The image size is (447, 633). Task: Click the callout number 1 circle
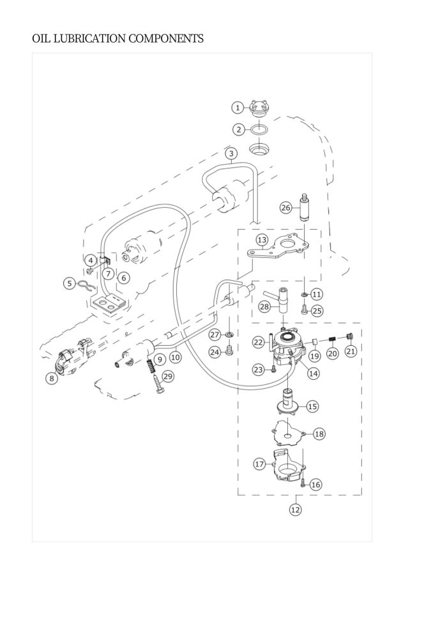tap(238, 108)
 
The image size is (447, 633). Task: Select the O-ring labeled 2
tap(259, 130)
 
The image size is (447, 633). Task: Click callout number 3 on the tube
tap(231, 153)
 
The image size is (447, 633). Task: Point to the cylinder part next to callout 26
tap(304, 208)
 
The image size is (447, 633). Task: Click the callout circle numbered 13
tap(262, 240)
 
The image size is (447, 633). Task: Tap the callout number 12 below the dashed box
tap(296, 510)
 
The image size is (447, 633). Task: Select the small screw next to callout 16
tap(304, 481)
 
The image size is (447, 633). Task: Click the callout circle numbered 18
tap(319, 434)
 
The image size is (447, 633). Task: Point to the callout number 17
tap(259, 464)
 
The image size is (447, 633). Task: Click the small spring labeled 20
tap(332, 340)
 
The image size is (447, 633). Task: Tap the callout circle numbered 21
tap(351, 351)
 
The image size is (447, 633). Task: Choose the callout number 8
tap(52, 379)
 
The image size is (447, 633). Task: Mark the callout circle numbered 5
tap(70, 283)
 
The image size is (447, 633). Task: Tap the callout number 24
tap(215, 352)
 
